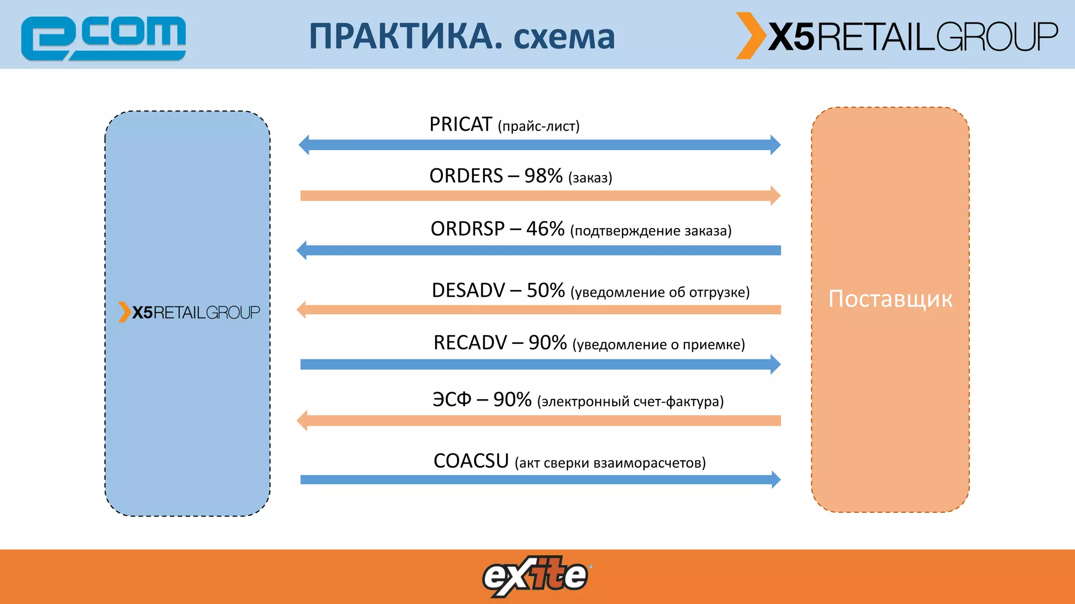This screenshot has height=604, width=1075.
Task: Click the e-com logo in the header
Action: click(103, 38)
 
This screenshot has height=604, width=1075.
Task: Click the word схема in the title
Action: click(564, 38)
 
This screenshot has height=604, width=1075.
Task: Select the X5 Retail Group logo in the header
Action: click(897, 36)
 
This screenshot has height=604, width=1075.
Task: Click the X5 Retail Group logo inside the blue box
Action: click(189, 312)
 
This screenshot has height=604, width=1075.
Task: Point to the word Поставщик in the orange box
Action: click(890, 299)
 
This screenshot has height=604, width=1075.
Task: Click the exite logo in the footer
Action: click(536, 576)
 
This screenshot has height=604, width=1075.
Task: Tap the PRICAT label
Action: click(460, 125)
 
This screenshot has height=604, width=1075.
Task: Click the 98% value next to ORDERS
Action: click(543, 176)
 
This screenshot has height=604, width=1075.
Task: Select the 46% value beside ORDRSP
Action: click(545, 229)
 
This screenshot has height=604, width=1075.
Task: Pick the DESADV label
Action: click(468, 290)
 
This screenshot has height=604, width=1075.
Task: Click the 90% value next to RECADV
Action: click(547, 343)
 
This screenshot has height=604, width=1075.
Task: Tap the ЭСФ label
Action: click(452, 400)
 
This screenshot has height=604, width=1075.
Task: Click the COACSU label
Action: click(471, 461)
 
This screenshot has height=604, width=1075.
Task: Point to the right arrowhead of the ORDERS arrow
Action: click(775, 196)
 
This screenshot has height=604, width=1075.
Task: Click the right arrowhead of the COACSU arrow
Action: click(776, 479)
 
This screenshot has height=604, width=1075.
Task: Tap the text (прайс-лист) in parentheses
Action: click(539, 126)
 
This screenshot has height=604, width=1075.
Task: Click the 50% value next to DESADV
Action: click(545, 290)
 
